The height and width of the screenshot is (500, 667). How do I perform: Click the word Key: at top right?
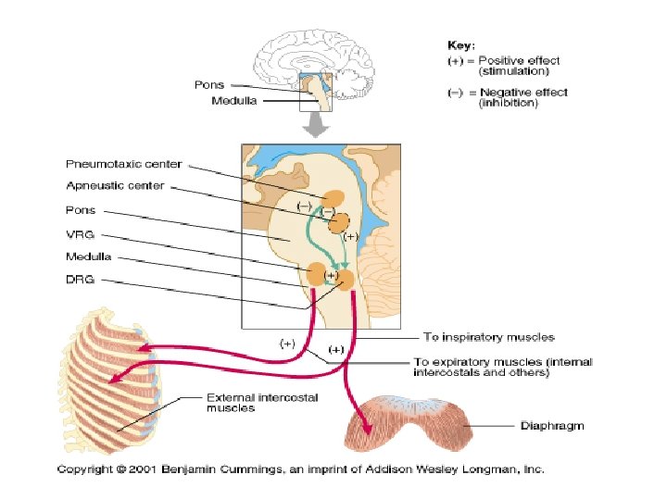click(x=461, y=44)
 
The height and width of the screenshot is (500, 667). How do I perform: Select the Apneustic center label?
click(x=115, y=186)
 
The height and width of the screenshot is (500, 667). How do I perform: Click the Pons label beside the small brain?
click(x=208, y=85)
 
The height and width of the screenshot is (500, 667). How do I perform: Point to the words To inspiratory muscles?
click(x=489, y=337)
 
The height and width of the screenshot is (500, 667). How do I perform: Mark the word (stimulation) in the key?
click(x=512, y=70)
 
